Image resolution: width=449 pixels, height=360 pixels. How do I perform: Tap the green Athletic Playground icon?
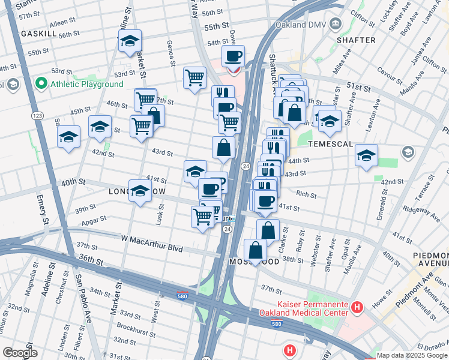click(x=41, y=83)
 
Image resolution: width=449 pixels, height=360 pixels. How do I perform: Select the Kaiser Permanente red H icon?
click(x=357, y=308)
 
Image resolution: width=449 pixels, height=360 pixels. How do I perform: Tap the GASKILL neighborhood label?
click(x=38, y=34)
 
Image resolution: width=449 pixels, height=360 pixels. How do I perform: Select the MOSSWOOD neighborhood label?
click(x=253, y=263)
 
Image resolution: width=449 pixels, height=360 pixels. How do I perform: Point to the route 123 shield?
click(x=38, y=115)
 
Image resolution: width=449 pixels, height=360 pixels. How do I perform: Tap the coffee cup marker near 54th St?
click(x=233, y=57)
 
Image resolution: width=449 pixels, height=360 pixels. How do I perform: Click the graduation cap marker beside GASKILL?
click(x=130, y=41)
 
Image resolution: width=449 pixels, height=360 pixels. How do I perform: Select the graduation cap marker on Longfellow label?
click(x=140, y=191)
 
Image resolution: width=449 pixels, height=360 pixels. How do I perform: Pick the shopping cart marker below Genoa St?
click(x=194, y=77)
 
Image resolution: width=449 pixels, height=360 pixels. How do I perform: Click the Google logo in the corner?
click(x=20, y=353)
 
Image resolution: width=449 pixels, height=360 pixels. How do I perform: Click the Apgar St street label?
click(x=95, y=221)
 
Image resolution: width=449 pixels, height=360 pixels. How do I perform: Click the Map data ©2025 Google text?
click(x=412, y=355)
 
